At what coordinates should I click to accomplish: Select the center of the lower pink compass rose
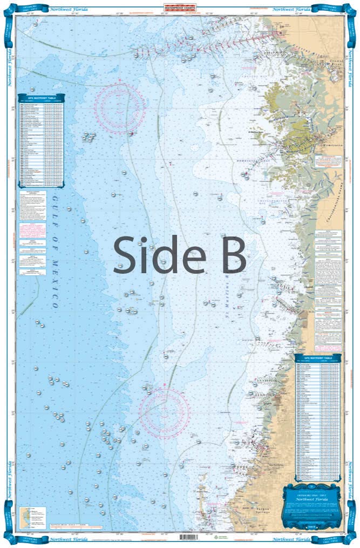[164, 412]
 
